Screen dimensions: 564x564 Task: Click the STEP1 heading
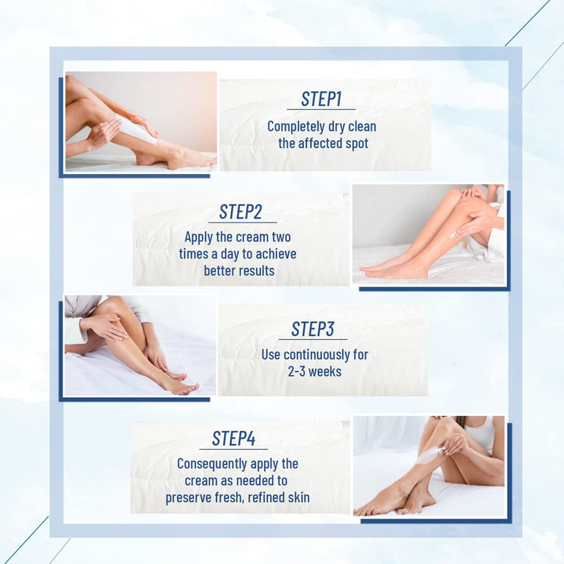(321, 99)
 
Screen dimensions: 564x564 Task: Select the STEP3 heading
(313, 328)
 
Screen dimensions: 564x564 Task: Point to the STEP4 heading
(233, 439)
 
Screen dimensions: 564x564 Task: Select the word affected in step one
(323, 143)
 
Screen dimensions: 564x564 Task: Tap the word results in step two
(255, 270)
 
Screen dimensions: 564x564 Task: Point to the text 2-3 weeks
(314, 371)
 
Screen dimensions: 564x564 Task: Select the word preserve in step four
(188, 497)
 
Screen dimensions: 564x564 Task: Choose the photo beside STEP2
(428, 234)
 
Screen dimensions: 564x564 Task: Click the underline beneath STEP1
(321, 110)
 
